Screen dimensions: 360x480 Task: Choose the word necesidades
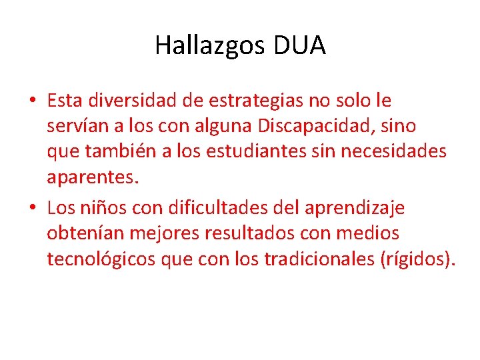pos(393,151)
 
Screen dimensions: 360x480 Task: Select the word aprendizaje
pos(354,208)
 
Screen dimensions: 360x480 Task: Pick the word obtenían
pos(86,233)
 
